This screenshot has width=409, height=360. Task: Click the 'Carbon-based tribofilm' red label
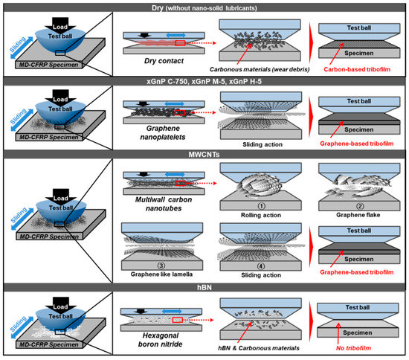(x=357, y=69)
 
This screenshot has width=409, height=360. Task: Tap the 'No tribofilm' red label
(x=353, y=348)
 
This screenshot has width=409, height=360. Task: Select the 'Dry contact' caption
(x=164, y=61)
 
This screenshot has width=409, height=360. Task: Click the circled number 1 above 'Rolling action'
(x=261, y=206)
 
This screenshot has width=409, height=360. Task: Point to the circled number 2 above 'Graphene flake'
(x=360, y=206)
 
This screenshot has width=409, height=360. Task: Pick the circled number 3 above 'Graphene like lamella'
(x=161, y=266)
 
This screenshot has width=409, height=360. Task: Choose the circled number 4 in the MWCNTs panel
(x=261, y=266)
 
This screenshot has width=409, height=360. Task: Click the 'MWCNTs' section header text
(x=204, y=155)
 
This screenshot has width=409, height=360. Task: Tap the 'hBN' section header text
(x=204, y=287)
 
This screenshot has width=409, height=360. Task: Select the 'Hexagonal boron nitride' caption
(x=160, y=340)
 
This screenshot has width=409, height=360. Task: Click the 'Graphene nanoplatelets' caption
(x=163, y=132)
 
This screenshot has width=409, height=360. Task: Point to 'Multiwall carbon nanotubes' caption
(x=164, y=204)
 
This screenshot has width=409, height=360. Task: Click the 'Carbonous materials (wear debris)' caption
(x=260, y=69)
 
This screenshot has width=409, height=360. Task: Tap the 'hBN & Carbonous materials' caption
(x=259, y=348)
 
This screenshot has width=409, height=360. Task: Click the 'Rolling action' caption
(x=261, y=215)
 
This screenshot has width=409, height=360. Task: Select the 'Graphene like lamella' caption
(x=161, y=274)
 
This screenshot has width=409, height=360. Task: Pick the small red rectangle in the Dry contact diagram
(x=180, y=43)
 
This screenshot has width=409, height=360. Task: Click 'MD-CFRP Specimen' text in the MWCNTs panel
(x=49, y=237)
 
